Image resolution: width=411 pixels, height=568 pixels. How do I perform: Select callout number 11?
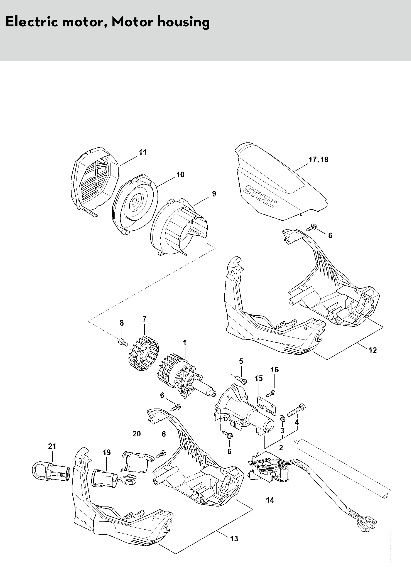pos(143,152)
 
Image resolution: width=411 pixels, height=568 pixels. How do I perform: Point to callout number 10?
pos(180,175)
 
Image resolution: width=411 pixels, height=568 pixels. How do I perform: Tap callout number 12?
pos(373,350)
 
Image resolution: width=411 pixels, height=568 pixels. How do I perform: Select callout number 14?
pos(270,500)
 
